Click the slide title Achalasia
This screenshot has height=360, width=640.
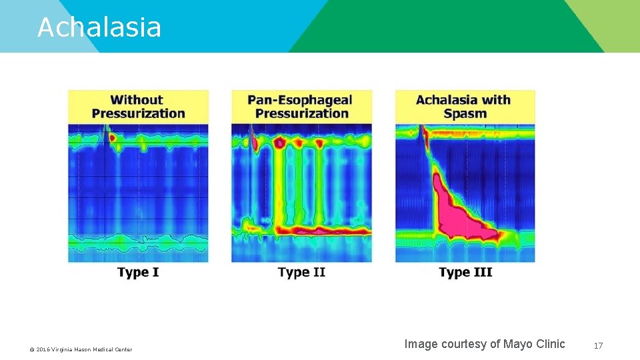click(x=99, y=27)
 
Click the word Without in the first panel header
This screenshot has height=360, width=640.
click(x=137, y=100)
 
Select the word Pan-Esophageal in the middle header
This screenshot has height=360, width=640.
click(x=300, y=100)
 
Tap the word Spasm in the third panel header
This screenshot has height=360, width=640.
click(x=465, y=113)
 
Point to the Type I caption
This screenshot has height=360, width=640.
click(x=138, y=272)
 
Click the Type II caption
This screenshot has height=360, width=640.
click(x=301, y=272)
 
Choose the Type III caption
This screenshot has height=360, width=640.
click(x=465, y=272)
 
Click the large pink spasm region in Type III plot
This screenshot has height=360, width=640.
click(x=453, y=210)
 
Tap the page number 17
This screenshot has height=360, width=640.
click(x=598, y=345)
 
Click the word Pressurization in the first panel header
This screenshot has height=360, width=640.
click(x=138, y=113)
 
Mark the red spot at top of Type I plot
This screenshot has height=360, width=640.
click(x=112, y=138)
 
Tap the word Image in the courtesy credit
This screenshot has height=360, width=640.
click(x=421, y=344)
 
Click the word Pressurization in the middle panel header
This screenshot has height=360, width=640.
click(x=301, y=113)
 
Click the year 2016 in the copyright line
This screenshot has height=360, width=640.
click(x=43, y=349)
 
